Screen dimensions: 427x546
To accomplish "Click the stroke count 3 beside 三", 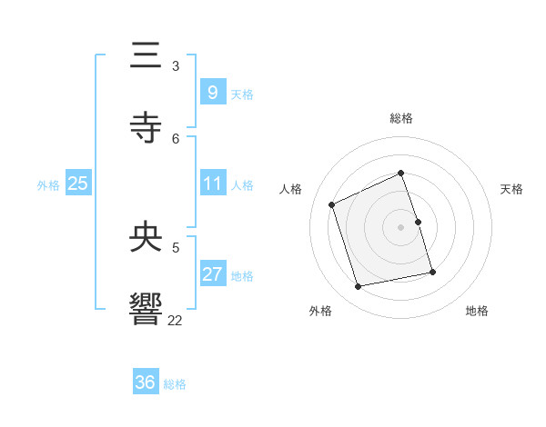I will coord(176,66).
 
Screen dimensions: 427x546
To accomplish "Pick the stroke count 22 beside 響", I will coord(176,320).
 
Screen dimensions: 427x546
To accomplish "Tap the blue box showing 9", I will coord(212,92).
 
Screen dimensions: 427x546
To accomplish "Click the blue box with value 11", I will coord(212,184).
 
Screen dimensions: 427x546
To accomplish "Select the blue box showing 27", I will coord(212,274).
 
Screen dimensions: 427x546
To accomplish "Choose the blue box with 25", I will coord(77,184).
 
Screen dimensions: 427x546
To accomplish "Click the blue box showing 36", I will coord(146,382).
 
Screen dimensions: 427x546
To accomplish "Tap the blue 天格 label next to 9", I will coord(242,94).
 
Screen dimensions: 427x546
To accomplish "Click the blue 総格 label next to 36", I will coord(175,385).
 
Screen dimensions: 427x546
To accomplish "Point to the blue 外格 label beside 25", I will coord(48,185).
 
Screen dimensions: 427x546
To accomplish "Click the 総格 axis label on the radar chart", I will coord(401,118).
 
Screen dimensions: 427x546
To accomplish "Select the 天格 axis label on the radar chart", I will coord(511,189).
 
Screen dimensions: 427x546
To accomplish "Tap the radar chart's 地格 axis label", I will coord(477,311).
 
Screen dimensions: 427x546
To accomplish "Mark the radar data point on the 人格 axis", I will coord(332,204).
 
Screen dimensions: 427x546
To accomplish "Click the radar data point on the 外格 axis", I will coord(359,287).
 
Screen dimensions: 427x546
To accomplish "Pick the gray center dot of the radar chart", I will coord(401,227).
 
